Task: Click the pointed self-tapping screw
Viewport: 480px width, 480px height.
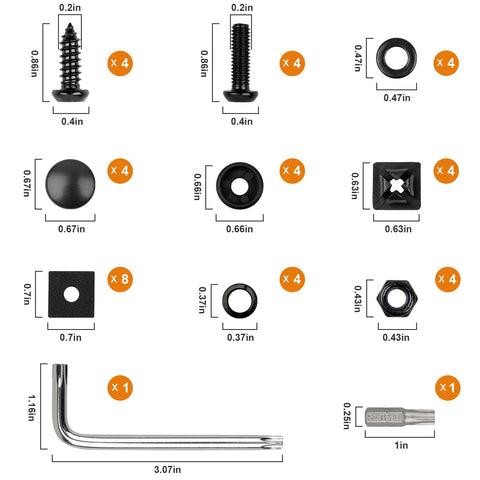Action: (71, 61)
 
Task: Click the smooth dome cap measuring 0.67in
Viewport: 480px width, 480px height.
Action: (71, 179)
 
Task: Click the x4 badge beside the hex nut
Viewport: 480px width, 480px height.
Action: (447, 278)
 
